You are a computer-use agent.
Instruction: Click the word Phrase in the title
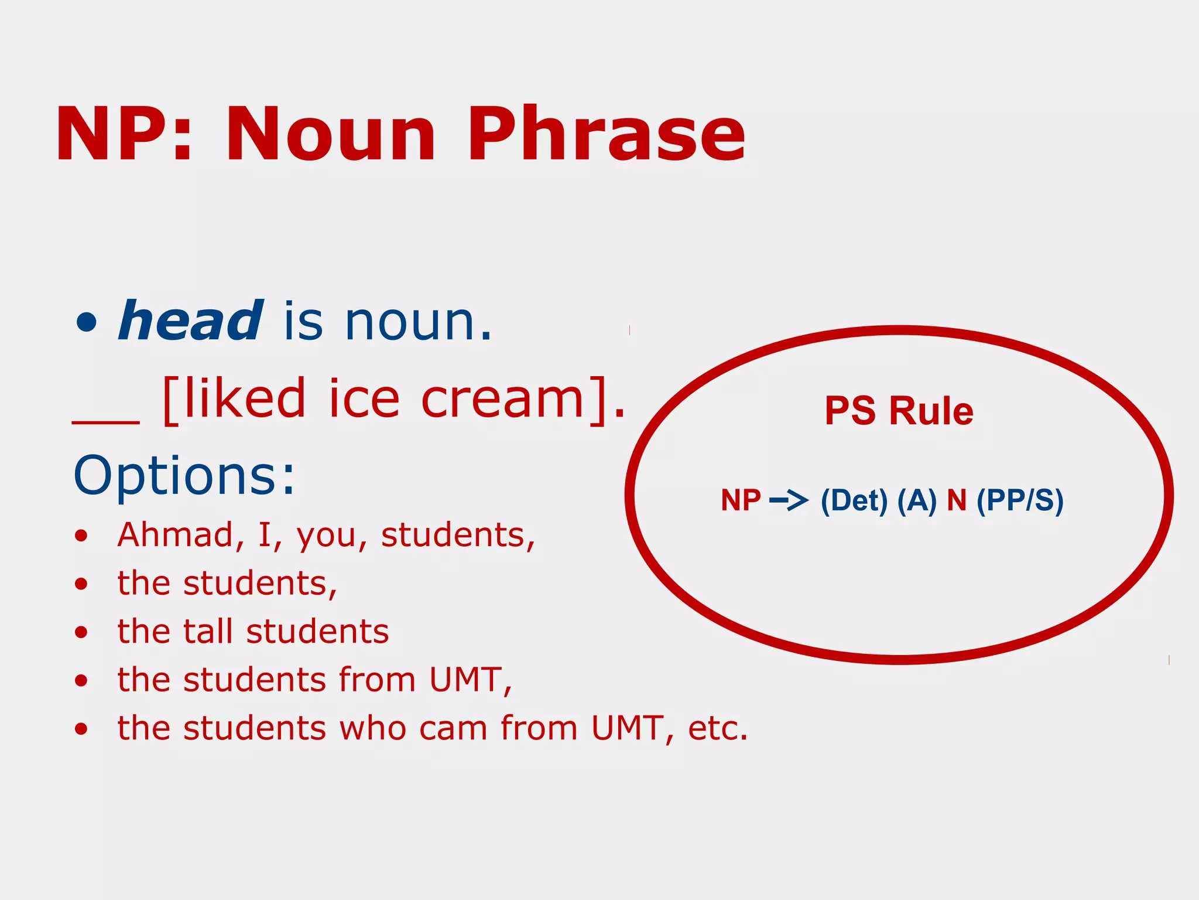tap(606, 135)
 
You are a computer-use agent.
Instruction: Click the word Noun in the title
tap(331, 135)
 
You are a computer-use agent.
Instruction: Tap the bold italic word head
tap(190, 321)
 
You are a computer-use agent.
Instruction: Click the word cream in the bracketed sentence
tap(503, 399)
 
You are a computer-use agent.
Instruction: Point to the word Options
tap(184, 475)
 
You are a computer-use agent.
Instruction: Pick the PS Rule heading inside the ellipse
tap(899, 411)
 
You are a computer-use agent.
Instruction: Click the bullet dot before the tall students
tap(81, 632)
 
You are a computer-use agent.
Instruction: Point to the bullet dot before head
tap(86, 322)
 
